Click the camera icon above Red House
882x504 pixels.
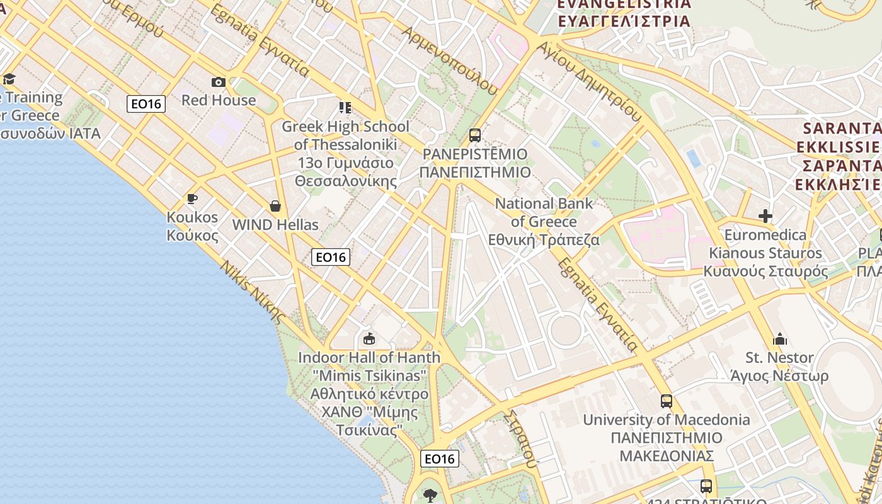pyautogui.click(x=219, y=82)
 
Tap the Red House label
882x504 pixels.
pyautogui.click(x=219, y=100)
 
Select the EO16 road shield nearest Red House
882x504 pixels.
pyautogui.click(x=146, y=104)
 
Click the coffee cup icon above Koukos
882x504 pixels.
pyautogui.click(x=192, y=199)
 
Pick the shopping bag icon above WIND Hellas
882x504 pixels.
pyautogui.click(x=275, y=206)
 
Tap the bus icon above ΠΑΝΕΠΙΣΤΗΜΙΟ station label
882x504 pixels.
pyautogui.click(x=475, y=135)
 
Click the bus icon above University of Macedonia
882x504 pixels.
pyautogui.click(x=667, y=401)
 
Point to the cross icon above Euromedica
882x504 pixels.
pyautogui.click(x=765, y=217)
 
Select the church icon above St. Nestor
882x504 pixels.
pyautogui.click(x=780, y=340)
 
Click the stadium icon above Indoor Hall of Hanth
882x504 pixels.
pyautogui.click(x=369, y=340)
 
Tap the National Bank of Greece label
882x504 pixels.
pyautogui.click(x=544, y=222)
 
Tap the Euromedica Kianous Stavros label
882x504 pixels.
pyautogui.click(x=765, y=253)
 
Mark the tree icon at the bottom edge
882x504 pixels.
pyautogui.click(x=431, y=495)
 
